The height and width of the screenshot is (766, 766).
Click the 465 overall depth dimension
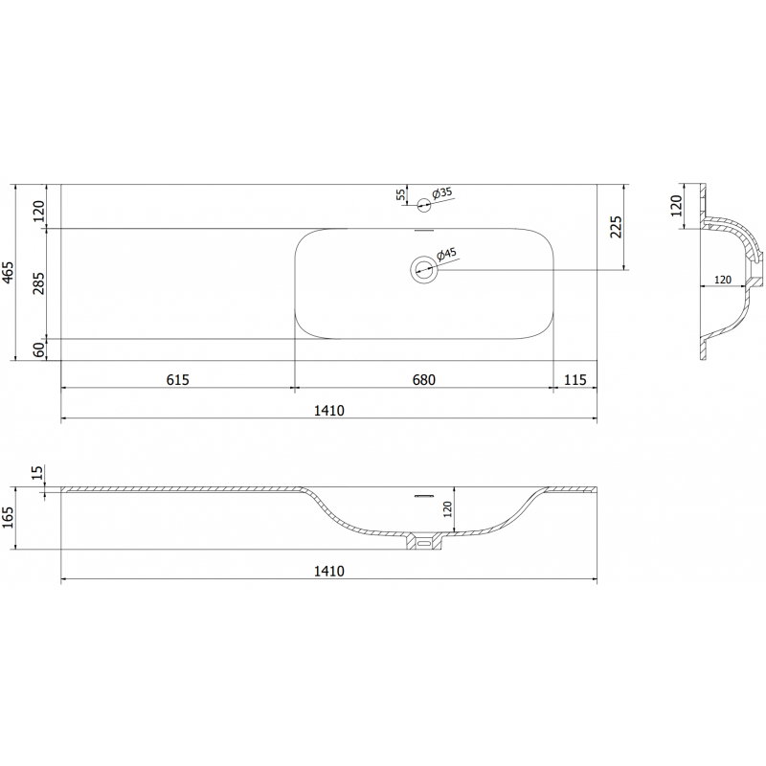[9, 273]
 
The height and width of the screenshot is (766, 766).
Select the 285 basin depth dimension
[38, 282]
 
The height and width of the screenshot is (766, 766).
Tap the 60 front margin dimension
[39, 349]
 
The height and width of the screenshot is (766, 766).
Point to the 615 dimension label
[177, 379]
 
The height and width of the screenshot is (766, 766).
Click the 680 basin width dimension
[423, 379]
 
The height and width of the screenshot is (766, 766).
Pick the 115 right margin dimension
[575, 379]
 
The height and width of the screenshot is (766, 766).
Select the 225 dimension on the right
[617, 227]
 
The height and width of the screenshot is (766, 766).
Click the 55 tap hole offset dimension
[400, 194]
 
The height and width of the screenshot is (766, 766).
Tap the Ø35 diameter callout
[441, 192]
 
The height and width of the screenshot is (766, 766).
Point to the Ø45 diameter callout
[445, 255]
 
